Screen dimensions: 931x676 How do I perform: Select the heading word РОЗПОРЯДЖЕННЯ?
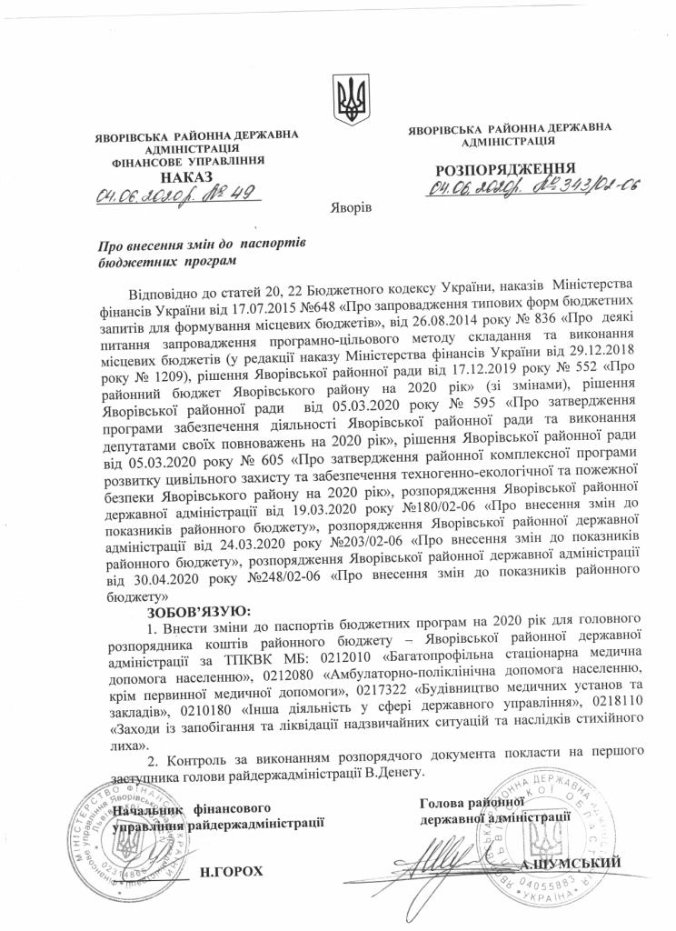(505, 169)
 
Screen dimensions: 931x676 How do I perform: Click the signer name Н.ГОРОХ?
(232, 871)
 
